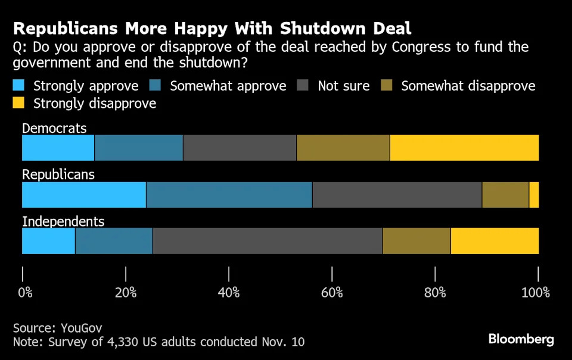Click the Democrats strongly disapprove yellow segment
click(464, 148)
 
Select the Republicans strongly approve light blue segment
click(84, 195)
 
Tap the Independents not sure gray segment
click(268, 241)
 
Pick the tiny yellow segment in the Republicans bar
click(534, 195)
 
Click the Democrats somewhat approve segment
click(139, 148)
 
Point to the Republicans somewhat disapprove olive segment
click(505, 195)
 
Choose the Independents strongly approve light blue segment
click(48, 241)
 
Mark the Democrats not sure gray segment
click(240, 148)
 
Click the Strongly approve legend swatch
click(19, 86)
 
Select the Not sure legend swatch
click(303, 86)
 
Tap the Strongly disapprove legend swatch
click(19, 104)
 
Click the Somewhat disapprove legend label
click(468, 86)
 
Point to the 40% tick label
click(229, 293)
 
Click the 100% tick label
click(536, 293)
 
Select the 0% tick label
click(25, 293)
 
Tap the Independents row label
click(63, 222)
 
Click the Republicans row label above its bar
click(58, 175)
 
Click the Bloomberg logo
click(521, 340)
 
